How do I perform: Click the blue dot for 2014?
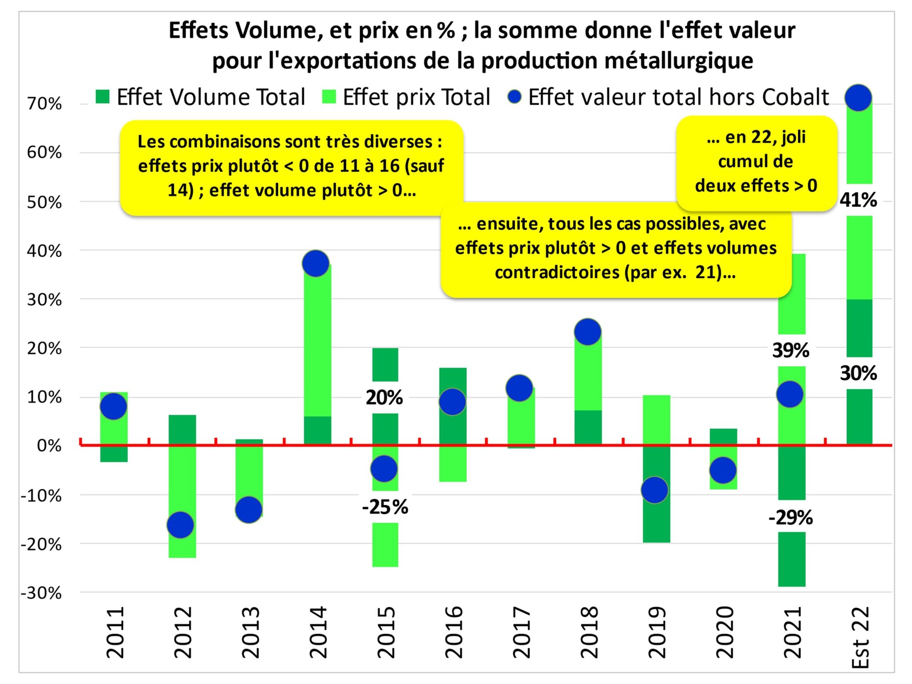pyautogui.click(x=315, y=263)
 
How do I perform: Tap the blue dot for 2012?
pyautogui.click(x=180, y=525)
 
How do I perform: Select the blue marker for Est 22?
pyautogui.click(x=858, y=97)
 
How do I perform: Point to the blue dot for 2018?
pyautogui.click(x=587, y=332)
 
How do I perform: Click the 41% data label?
pyautogui.click(x=858, y=200)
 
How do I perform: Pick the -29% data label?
pyautogui.click(x=791, y=517)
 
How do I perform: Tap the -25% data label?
pyautogui.click(x=385, y=507)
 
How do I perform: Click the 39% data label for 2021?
pyautogui.click(x=791, y=350)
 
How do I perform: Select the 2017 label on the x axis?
pyautogui.click(x=521, y=633)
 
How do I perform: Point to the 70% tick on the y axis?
pyautogui.click(x=44, y=104)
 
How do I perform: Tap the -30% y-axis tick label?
pyautogui.click(x=41, y=593)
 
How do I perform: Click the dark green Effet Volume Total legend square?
pyautogui.click(x=102, y=97)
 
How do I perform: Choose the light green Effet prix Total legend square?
pyautogui.click(x=329, y=97)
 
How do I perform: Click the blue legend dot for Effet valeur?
pyautogui.click(x=514, y=97)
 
